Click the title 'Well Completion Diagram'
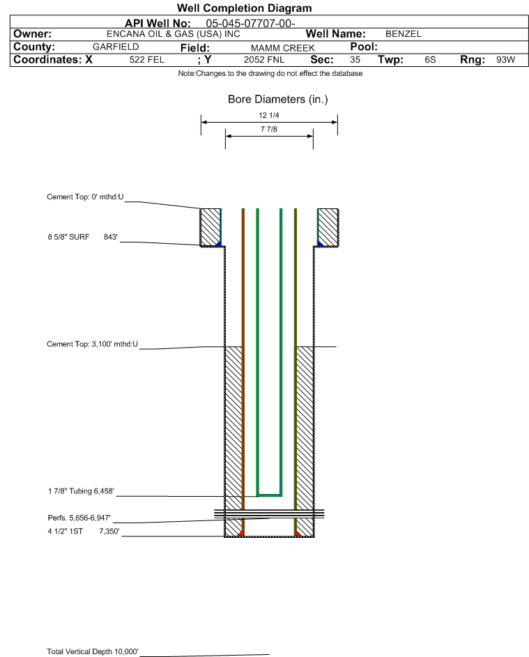point(244,8)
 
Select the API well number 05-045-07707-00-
point(250,24)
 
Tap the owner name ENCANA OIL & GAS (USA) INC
point(173,34)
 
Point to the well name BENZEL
point(404,34)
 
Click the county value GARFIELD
point(116,47)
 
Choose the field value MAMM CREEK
point(282,48)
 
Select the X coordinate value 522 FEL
point(146,60)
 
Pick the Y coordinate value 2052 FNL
point(264,60)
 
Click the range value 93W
point(505,59)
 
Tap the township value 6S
point(430,59)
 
